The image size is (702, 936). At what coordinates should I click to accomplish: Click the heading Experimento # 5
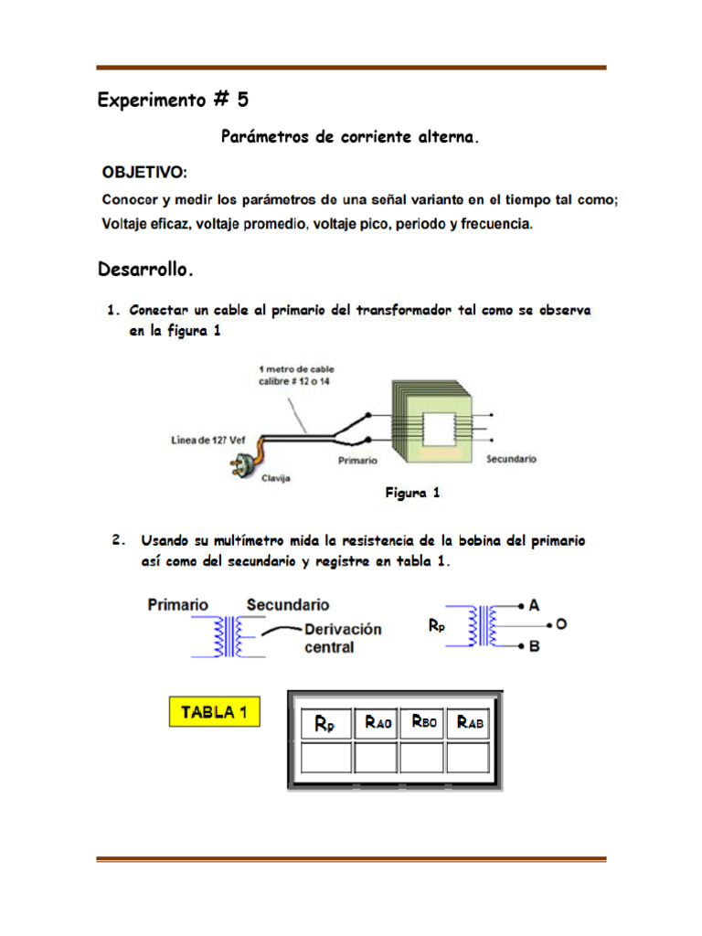pos(173,101)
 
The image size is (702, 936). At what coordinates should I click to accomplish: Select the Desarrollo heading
pos(145,270)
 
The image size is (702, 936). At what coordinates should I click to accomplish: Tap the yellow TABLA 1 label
pos(215,712)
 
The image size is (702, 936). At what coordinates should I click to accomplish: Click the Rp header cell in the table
pos(324,723)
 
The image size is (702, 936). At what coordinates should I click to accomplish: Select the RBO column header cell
pos(423,722)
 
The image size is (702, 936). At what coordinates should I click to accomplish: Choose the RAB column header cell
pos(470,722)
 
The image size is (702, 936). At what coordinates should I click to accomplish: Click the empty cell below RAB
pos(470,758)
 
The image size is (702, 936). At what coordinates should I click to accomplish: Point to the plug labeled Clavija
pos(239,461)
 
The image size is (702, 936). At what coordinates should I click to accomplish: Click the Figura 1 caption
pos(412,493)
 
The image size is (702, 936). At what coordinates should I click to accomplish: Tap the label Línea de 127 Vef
pos(208,440)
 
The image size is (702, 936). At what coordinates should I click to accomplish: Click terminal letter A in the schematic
pos(534,605)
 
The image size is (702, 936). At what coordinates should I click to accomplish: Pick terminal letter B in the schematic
pos(534,646)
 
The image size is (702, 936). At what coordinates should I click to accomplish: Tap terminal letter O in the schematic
pos(561,624)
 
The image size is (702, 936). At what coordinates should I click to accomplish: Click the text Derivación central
pos(343,638)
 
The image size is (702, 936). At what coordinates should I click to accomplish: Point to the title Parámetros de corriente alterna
pos(350,138)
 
